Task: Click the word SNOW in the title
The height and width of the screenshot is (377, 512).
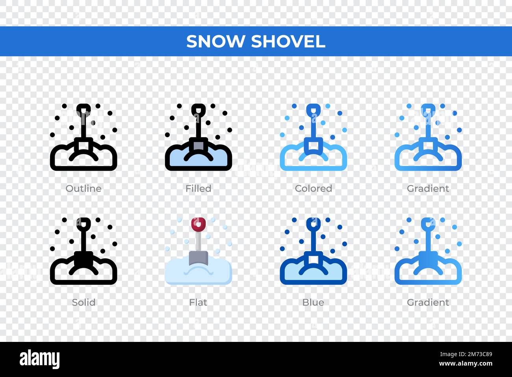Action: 215,41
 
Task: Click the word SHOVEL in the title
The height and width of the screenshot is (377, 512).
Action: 288,41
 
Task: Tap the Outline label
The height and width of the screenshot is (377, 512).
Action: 83,188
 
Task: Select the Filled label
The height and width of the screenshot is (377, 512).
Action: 198,188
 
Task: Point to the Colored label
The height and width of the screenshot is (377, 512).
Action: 314,188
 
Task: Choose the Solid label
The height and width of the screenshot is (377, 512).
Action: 83,302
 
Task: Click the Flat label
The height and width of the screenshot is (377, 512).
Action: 198,302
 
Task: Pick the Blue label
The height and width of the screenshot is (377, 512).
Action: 313,302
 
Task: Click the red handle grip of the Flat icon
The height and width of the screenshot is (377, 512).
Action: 198,224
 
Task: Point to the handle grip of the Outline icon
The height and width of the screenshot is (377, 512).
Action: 83,110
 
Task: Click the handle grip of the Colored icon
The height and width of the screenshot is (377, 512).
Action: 313,110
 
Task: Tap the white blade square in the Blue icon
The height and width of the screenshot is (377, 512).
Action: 313,259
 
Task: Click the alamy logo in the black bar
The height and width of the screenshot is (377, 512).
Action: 40,359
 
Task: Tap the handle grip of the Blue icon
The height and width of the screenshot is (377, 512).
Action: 313,224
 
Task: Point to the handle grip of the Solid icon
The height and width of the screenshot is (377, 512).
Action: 83,224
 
